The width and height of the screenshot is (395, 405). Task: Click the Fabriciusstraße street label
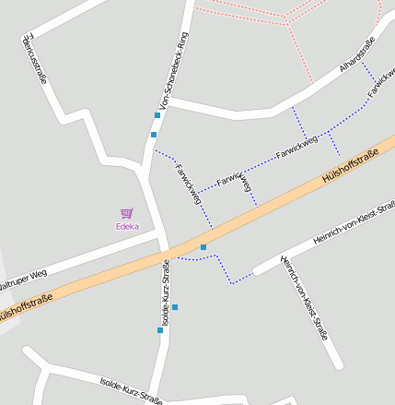point(32,60)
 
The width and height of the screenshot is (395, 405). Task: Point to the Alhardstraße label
point(357,54)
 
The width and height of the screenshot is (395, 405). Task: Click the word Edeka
point(127,226)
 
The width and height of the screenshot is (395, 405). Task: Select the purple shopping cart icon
point(127,213)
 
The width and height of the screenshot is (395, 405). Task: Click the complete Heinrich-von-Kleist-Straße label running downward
point(305,296)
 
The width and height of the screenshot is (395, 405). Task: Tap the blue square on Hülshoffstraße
point(203,247)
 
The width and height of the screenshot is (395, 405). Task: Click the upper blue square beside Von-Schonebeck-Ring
point(157,115)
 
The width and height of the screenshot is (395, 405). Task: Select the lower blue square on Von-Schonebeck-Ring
point(154,135)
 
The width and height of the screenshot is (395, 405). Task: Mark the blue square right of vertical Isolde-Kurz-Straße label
point(175,306)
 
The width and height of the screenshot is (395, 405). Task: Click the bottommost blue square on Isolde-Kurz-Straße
point(159,329)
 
